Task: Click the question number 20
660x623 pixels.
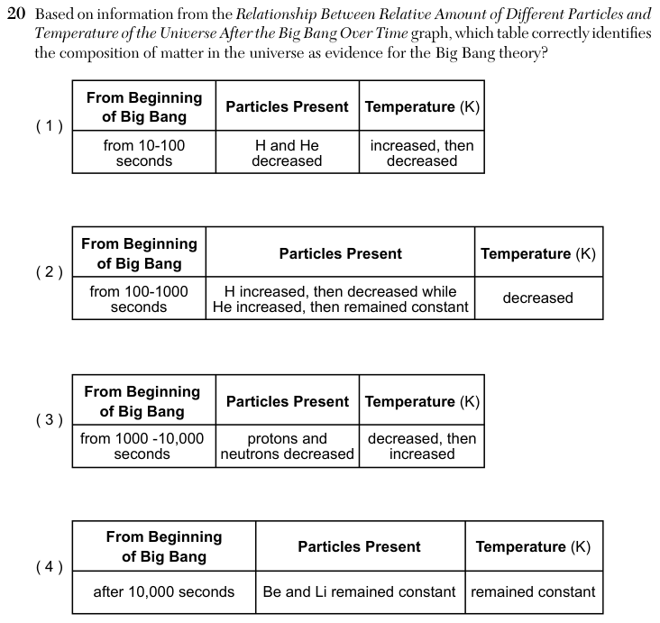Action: click(x=16, y=14)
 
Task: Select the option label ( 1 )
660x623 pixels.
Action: click(x=50, y=126)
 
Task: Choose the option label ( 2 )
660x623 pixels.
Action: click(x=50, y=272)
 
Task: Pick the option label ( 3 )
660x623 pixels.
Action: click(x=50, y=419)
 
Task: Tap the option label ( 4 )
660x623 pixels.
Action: click(x=50, y=567)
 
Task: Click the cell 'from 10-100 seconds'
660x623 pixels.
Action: click(x=144, y=152)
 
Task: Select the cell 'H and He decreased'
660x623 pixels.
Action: click(x=287, y=152)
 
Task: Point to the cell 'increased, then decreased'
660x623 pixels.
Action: click(x=422, y=152)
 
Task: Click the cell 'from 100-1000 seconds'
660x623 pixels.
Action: click(x=139, y=298)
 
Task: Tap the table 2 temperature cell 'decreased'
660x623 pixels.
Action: click(x=538, y=298)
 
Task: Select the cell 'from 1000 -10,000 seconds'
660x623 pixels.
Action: click(x=142, y=446)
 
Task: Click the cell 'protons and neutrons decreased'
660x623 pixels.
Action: click(x=287, y=446)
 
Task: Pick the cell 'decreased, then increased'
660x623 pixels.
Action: click(x=422, y=446)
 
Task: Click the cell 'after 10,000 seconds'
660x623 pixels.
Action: click(x=164, y=591)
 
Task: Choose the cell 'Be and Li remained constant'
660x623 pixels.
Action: click(x=359, y=591)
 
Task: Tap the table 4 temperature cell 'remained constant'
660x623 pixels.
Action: click(x=533, y=591)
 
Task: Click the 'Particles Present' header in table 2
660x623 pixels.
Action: click(x=341, y=253)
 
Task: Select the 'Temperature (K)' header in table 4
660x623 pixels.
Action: click(x=533, y=546)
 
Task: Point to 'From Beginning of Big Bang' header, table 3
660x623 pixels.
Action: click(x=142, y=401)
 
